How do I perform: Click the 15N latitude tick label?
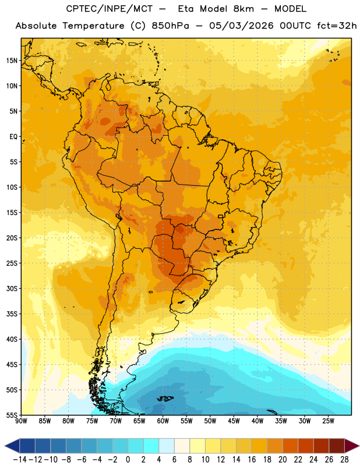point(12,61)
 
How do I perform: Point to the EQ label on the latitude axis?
point(13,136)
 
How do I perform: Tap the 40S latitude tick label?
point(12,339)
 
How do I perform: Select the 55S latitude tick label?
point(12,415)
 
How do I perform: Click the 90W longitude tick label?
point(21,421)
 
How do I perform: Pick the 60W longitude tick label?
point(163,421)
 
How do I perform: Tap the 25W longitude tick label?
point(328,421)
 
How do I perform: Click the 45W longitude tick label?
point(234,421)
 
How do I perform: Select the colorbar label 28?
point(344,460)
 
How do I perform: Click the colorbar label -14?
point(20,460)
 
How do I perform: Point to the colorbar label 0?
point(128,460)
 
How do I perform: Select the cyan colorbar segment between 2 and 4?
point(151,446)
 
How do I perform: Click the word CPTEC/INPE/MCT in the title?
point(109,9)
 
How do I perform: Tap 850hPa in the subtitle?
point(170,26)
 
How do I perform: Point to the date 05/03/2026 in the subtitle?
point(241,26)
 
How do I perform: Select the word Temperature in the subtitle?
point(93,26)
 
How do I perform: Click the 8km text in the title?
point(243,9)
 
